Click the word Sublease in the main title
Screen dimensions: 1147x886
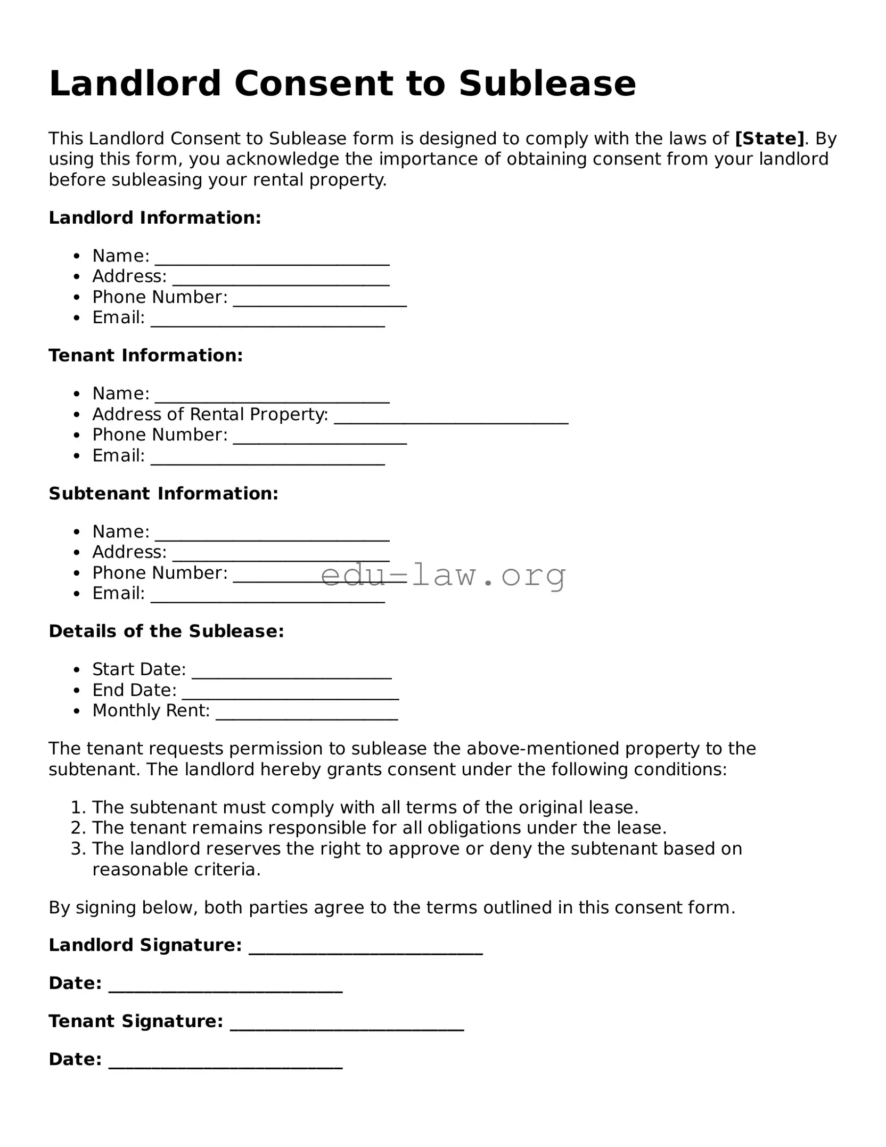(x=547, y=84)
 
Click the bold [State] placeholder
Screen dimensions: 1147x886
(x=769, y=138)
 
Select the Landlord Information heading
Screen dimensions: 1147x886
(x=155, y=218)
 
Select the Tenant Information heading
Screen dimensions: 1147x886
(x=146, y=356)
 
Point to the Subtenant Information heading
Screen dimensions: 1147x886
(x=163, y=494)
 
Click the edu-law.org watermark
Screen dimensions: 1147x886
(x=443, y=576)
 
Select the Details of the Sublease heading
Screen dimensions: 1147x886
(x=166, y=632)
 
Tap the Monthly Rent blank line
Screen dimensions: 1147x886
(x=307, y=715)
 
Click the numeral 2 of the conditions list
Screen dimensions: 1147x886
(x=77, y=828)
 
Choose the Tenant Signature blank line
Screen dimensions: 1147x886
(x=347, y=1026)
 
